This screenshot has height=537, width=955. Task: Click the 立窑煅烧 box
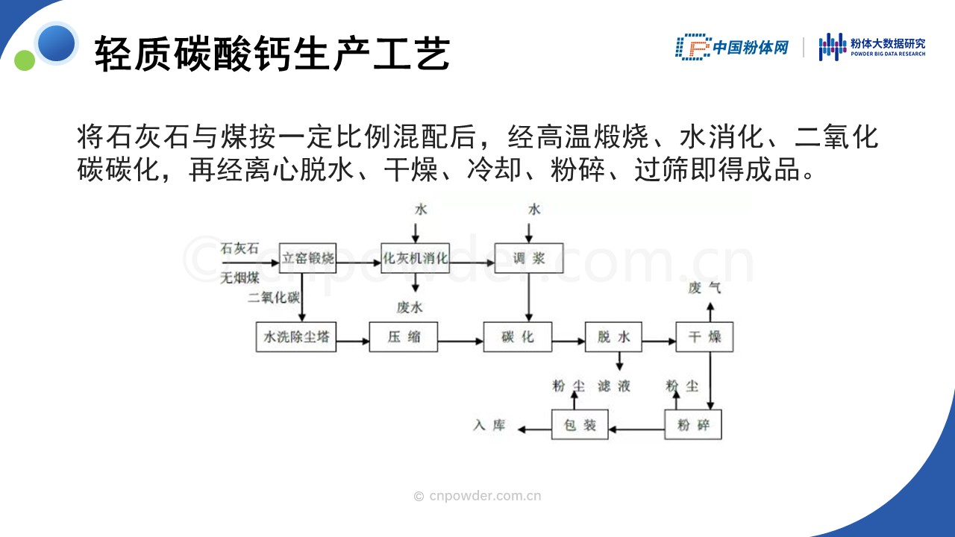click(x=307, y=258)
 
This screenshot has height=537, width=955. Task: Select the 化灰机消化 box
click(x=415, y=258)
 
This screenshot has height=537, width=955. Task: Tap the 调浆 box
click(x=529, y=258)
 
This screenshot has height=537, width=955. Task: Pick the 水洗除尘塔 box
click(x=296, y=336)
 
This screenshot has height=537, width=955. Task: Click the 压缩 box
click(x=404, y=336)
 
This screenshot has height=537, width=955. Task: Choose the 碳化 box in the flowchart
click(x=518, y=336)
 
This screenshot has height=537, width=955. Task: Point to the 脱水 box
click(x=613, y=336)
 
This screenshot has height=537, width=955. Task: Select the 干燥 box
click(x=705, y=336)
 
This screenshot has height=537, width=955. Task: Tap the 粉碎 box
click(x=693, y=424)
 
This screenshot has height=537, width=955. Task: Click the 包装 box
click(x=580, y=424)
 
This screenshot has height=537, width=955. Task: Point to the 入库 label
click(x=489, y=425)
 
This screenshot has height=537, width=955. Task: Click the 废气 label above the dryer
click(x=704, y=288)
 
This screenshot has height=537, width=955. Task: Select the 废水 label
click(x=410, y=307)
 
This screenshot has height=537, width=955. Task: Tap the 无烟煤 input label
click(x=239, y=278)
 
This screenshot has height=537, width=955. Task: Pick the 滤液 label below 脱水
click(x=614, y=386)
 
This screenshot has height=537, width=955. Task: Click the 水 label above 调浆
click(x=534, y=210)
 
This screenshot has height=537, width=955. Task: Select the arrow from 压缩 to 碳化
click(x=460, y=341)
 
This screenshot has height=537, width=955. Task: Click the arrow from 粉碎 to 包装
click(x=636, y=429)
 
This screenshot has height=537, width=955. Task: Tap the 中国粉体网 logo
click(x=732, y=47)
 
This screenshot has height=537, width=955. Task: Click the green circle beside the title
click(x=25, y=60)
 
